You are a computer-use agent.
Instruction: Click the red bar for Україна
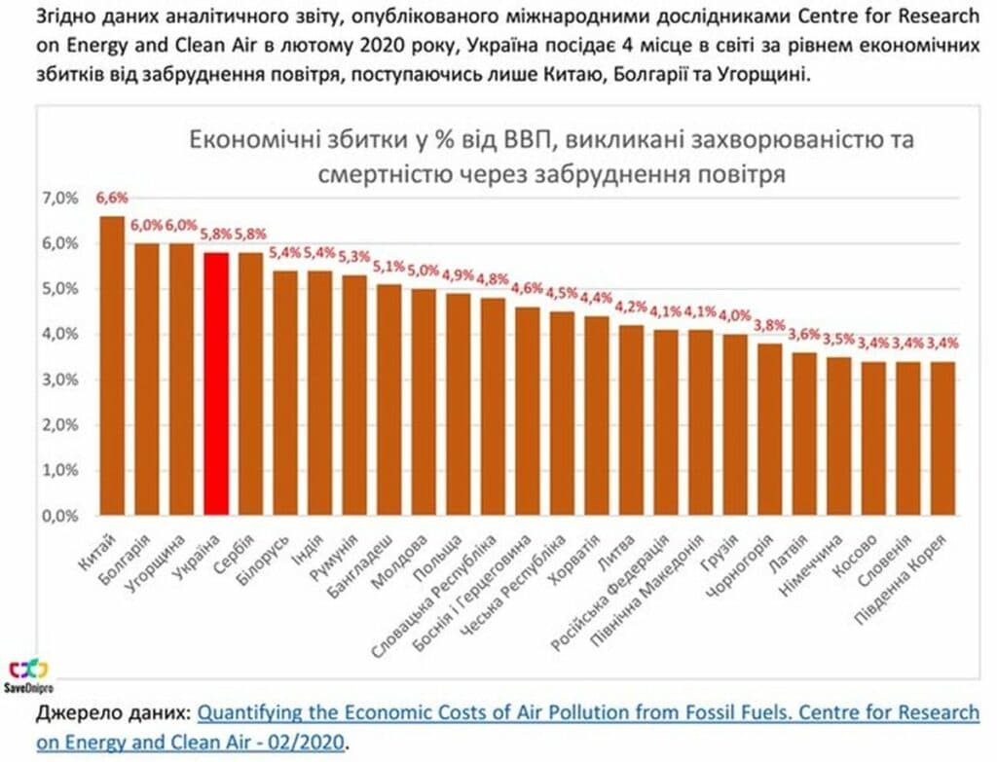tap(216, 383)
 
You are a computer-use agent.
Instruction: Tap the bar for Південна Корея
tap(942, 438)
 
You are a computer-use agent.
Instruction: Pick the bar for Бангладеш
tap(389, 399)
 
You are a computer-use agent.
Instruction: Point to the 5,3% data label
tap(353, 257)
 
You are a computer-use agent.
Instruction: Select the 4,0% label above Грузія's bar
tap(734, 315)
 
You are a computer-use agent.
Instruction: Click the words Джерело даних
tap(112, 713)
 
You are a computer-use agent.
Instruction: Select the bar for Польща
tap(459, 404)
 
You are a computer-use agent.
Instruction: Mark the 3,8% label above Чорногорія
tap(769, 324)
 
